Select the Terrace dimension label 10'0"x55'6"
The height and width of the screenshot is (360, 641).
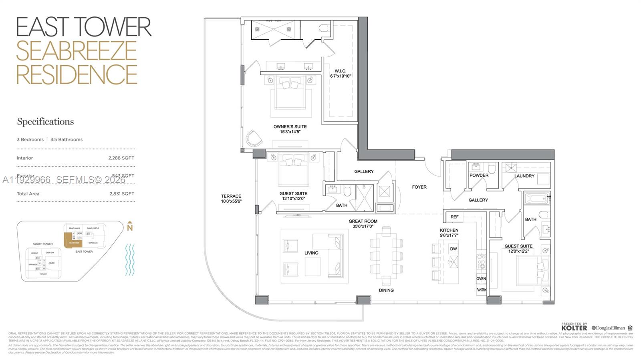tap(231, 201)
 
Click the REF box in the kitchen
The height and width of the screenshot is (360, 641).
tap(454, 217)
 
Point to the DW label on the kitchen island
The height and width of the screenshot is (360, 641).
tap(454, 249)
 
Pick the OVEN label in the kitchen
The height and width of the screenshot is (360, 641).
tap(481, 279)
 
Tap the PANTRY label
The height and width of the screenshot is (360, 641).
tap(481, 290)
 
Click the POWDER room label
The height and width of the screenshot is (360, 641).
tap(479, 175)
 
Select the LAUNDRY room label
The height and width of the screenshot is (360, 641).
tap(524, 176)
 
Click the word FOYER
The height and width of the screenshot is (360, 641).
tap(419, 187)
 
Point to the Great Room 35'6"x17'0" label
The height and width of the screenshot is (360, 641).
tap(363, 223)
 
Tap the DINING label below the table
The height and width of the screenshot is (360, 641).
tap(386, 290)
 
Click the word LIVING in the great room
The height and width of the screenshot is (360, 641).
tap(311, 253)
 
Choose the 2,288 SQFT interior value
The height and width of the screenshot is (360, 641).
tap(121, 158)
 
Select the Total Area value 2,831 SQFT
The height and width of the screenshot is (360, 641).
tap(121, 194)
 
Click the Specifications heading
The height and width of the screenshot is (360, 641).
tap(45, 121)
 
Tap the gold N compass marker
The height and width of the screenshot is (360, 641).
tap(129, 227)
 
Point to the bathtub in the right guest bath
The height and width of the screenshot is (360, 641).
tap(536, 199)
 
